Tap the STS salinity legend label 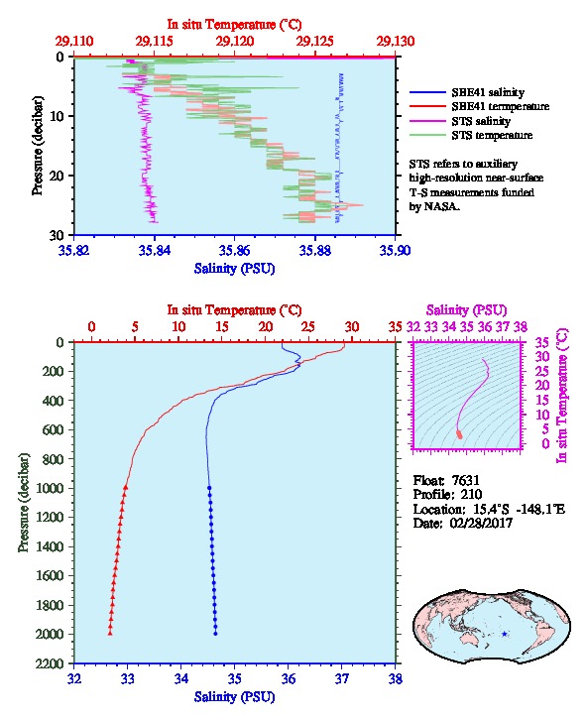(481, 121)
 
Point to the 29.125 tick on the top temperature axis (315, 42)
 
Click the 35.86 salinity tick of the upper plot (235, 250)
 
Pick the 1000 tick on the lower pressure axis (49, 488)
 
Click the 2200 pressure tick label (49, 663)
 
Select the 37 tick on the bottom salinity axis (342, 678)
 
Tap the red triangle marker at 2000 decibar (110, 634)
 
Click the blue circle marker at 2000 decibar (215, 634)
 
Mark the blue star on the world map (505, 634)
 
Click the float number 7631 (466, 480)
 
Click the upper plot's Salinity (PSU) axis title (235, 269)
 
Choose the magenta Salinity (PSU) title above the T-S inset (467, 310)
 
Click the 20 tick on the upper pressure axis (57, 176)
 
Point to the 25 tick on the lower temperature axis (308, 326)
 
